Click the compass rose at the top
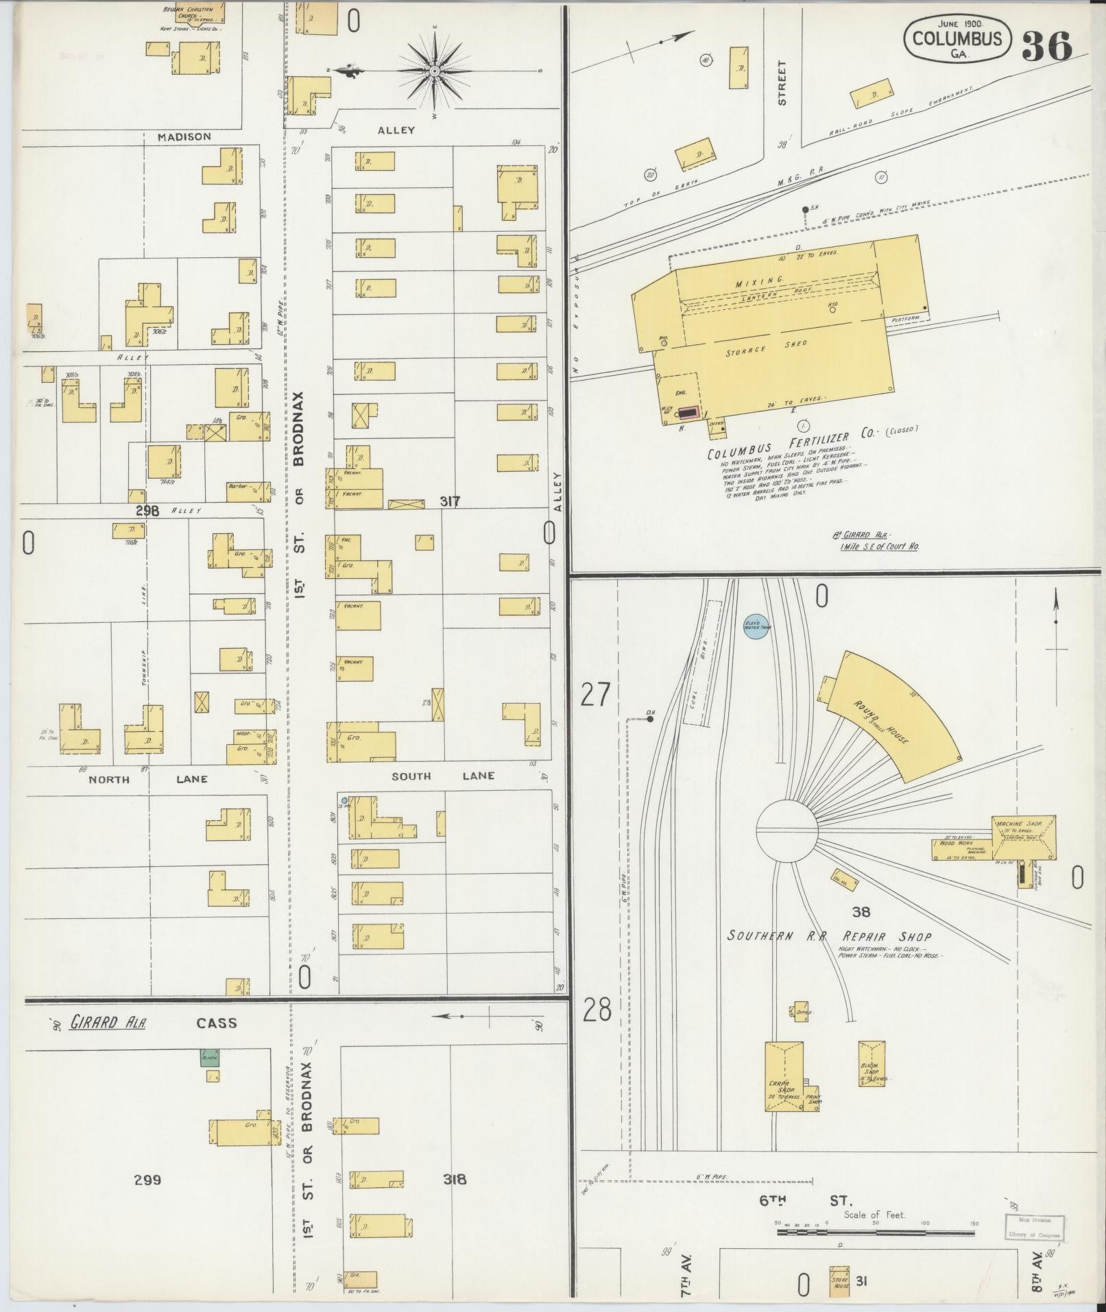(435, 71)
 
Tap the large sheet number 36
(1047, 45)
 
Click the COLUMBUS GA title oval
(957, 40)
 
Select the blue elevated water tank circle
(756, 625)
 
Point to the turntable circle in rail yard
(787, 830)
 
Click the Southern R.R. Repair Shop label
(829, 936)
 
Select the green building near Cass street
(210, 1057)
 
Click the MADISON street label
(184, 136)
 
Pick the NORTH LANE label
(147, 778)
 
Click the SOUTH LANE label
(442, 776)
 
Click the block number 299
(147, 1180)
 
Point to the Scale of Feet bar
(876, 1232)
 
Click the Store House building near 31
(839, 1282)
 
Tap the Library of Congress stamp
(1035, 1226)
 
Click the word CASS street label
(216, 1023)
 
